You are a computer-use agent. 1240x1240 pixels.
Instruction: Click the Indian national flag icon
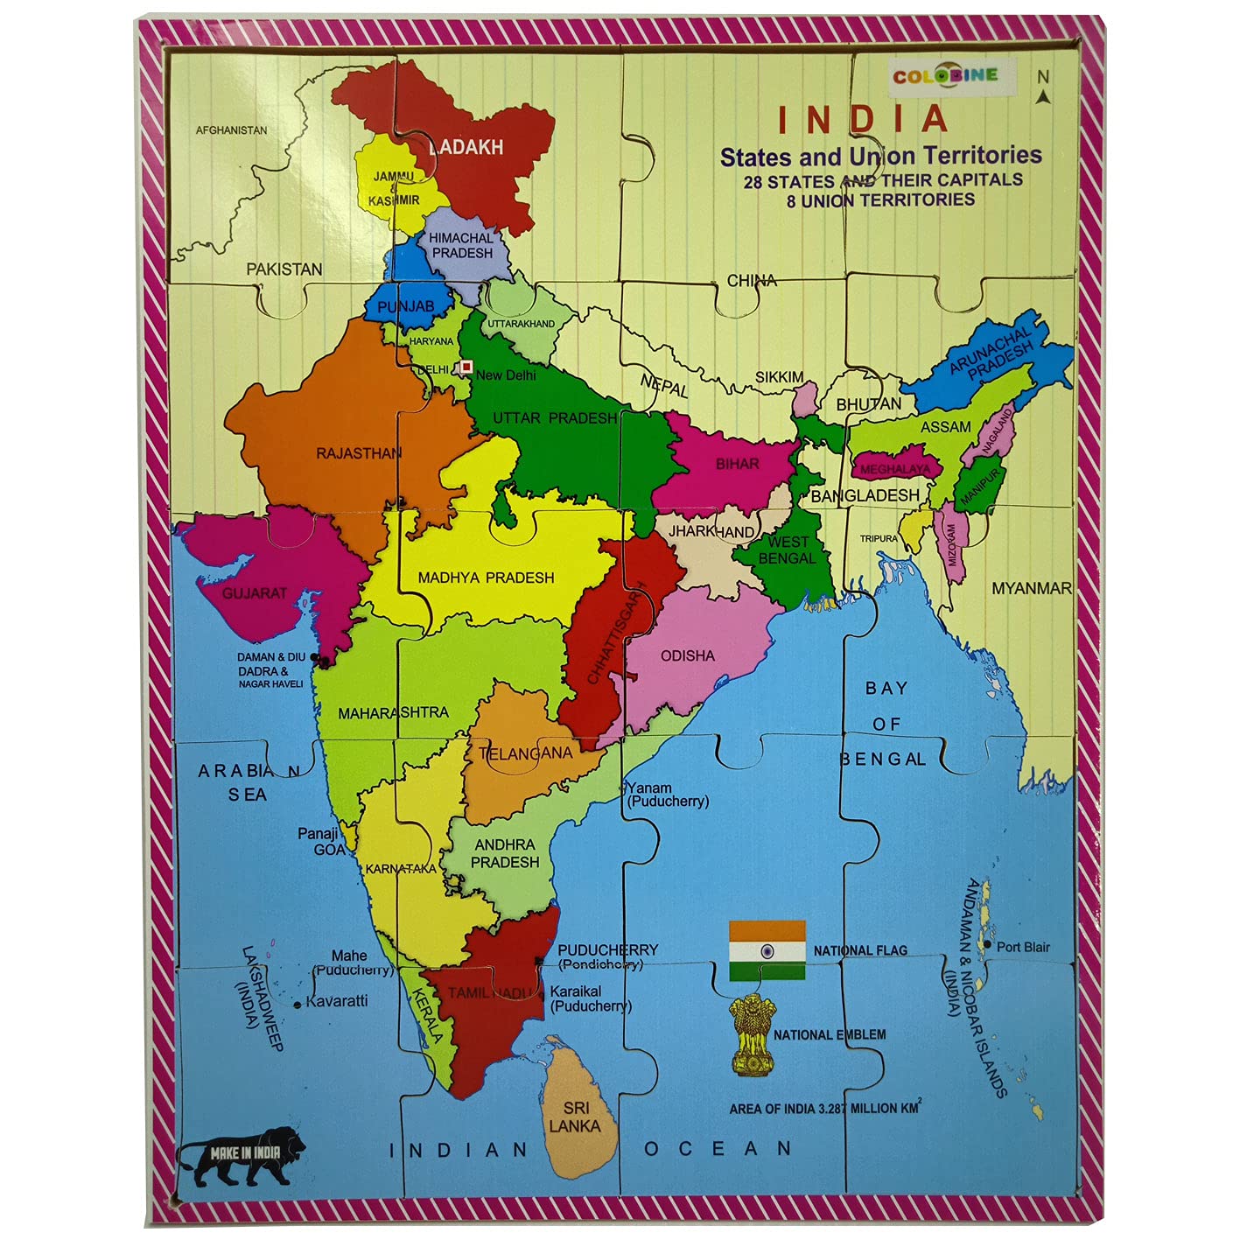click(x=767, y=950)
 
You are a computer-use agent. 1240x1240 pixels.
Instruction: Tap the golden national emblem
click(x=752, y=1035)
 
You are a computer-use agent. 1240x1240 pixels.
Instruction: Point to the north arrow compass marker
click(x=1043, y=88)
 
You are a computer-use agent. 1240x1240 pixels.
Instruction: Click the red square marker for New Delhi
click(x=466, y=367)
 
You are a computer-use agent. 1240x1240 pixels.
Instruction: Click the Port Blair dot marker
click(x=988, y=945)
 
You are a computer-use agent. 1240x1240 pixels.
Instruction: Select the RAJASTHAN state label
click(x=359, y=453)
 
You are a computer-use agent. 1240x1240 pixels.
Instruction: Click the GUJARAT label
click(x=255, y=593)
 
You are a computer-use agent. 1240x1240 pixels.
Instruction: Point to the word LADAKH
click(x=466, y=147)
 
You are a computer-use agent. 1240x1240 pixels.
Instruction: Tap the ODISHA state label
click(x=688, y=655)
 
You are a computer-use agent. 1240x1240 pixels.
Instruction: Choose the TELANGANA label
click(x=525, y=753)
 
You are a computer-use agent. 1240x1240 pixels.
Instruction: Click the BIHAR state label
click(x=738, y=464)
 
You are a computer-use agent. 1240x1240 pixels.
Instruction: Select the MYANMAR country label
click(x=1032, y=589)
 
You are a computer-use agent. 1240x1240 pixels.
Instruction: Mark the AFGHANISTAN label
click(x=231, y=130)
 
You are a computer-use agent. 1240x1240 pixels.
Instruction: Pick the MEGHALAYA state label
click(x=895, y=469)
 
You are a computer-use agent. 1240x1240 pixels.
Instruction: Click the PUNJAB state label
click(x=406, y=306)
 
